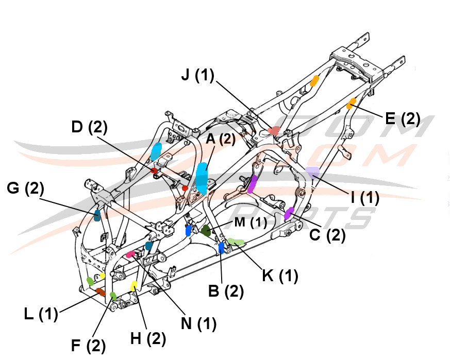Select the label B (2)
226,291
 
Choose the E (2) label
403,118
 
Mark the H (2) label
148,338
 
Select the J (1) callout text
197,76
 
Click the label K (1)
280,276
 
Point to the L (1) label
41,314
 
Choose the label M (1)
251,222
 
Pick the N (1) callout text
198,323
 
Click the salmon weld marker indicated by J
274,131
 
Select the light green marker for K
237,241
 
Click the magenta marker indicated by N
131,254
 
